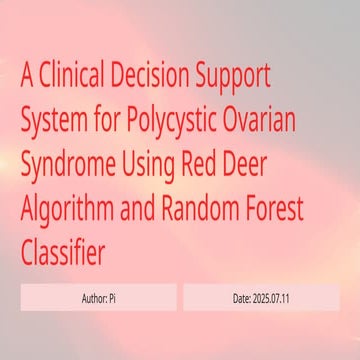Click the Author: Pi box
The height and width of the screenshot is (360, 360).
[x=98, y=298]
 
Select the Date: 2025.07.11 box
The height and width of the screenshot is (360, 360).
[x=261, y=298]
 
